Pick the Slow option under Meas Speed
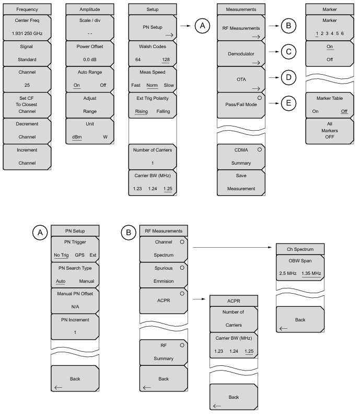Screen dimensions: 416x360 (169, 85)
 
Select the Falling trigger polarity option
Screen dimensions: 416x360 (163, 111)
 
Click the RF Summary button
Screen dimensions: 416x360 (164, 352)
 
